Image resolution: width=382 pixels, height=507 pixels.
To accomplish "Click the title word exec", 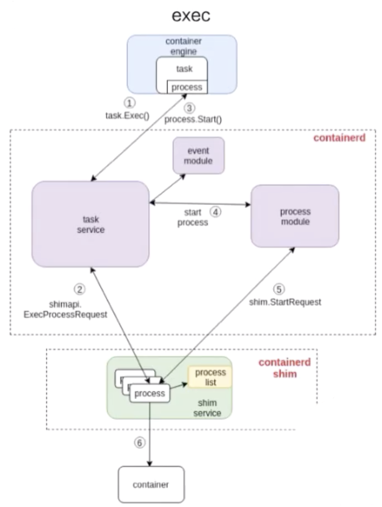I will pyautogui.click(x=190, y=16).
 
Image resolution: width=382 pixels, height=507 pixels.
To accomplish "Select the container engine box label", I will pyautogui.click(x=182, y=47).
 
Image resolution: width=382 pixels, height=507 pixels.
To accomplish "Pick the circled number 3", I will pyautogui.click(x=190, y=108).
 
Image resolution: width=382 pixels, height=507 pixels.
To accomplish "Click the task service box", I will pyautogui.click(x=91, y=224).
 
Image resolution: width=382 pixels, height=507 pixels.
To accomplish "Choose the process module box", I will pyautogui.click(x=295, y=216).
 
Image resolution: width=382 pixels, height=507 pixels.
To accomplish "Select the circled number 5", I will pyautogui.click(x=279, y=289).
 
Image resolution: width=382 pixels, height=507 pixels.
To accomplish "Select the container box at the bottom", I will pyautogui.click(x=150, y=484).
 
